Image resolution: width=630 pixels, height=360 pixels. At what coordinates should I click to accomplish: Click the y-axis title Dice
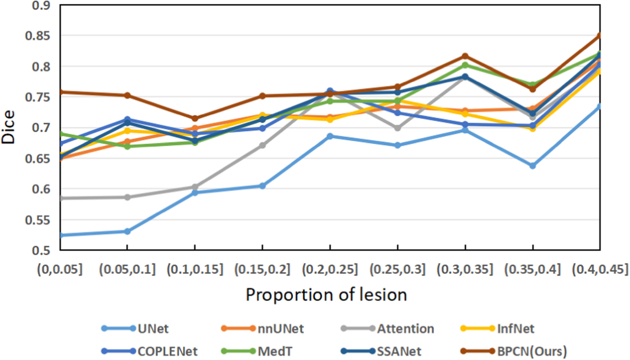[8, 127]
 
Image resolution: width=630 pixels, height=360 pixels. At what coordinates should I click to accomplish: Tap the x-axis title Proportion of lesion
[326, 295]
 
